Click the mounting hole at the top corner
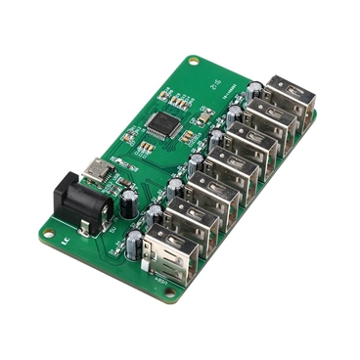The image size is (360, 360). pyautogui.click(x=193, y=62)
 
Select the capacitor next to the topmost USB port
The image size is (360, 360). pyautogui.click(x=253, y=90)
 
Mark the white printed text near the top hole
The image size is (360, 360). pyautogui.click(x=217, y=86)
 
